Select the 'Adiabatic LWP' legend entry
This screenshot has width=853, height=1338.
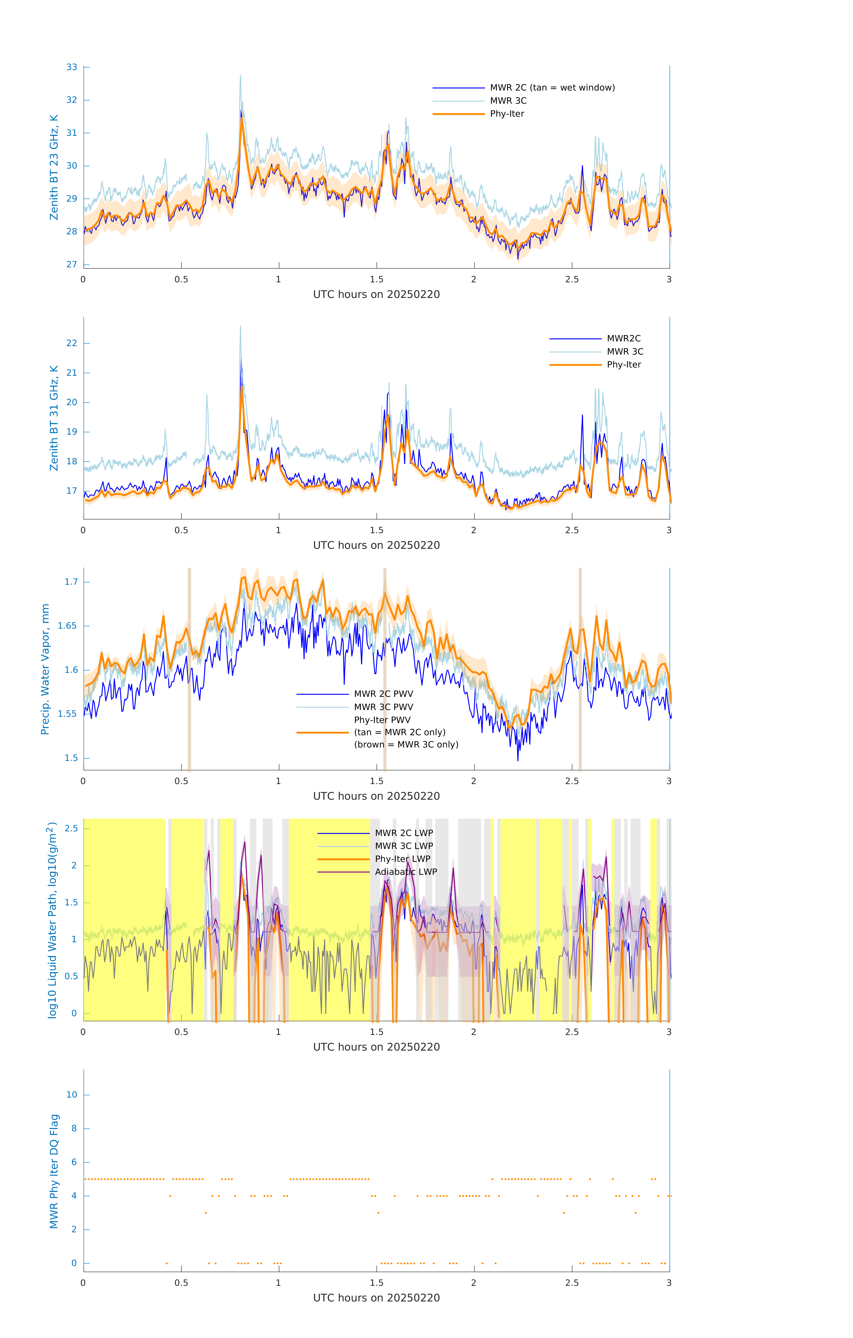[x=406, y=872]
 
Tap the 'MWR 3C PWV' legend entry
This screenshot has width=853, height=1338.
[x=383, y=707]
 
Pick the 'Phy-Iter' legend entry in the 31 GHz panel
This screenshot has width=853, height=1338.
[x=624, y=365]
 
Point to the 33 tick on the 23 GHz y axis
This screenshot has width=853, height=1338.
[x=72, y=67]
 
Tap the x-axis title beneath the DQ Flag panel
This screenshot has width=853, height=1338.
[x=376, y=1298]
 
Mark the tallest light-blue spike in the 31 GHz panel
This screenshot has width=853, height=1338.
[x=241, y=327]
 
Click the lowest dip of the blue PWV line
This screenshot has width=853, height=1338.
[x=518, y=760]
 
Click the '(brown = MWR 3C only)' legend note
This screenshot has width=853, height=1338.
[x=406, y=745]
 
